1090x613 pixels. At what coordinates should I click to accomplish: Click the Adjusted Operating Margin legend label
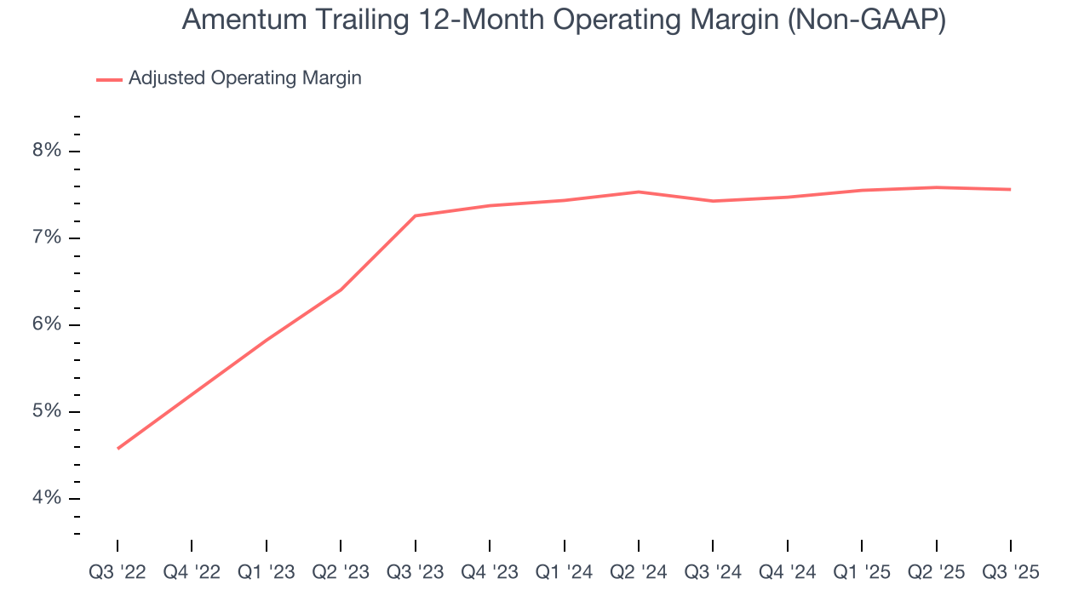245,78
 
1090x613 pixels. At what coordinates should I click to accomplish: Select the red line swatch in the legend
109,79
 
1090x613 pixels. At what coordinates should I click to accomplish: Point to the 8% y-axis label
47,151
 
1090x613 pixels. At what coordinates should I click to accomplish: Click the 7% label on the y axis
47,238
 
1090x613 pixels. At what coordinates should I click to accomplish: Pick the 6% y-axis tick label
47,324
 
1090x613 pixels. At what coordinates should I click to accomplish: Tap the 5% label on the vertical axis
47,411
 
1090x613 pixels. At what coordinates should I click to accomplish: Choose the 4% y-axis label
47,498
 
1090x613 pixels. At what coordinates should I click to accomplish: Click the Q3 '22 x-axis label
118,572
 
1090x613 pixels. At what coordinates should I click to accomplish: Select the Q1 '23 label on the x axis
267,572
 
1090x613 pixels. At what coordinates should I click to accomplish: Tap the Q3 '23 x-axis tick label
416,572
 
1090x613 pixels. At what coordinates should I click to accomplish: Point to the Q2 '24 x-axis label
639,572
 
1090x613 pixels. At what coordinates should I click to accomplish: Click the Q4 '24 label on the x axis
788,572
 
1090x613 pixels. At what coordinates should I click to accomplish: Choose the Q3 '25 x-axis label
1011,572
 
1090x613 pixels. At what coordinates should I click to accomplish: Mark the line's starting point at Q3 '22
118,448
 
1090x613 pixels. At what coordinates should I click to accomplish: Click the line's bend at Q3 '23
416,215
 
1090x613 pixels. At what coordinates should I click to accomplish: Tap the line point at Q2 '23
341,289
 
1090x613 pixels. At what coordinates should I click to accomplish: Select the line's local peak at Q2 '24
639,192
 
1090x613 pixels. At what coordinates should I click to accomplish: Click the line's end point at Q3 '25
1011,189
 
